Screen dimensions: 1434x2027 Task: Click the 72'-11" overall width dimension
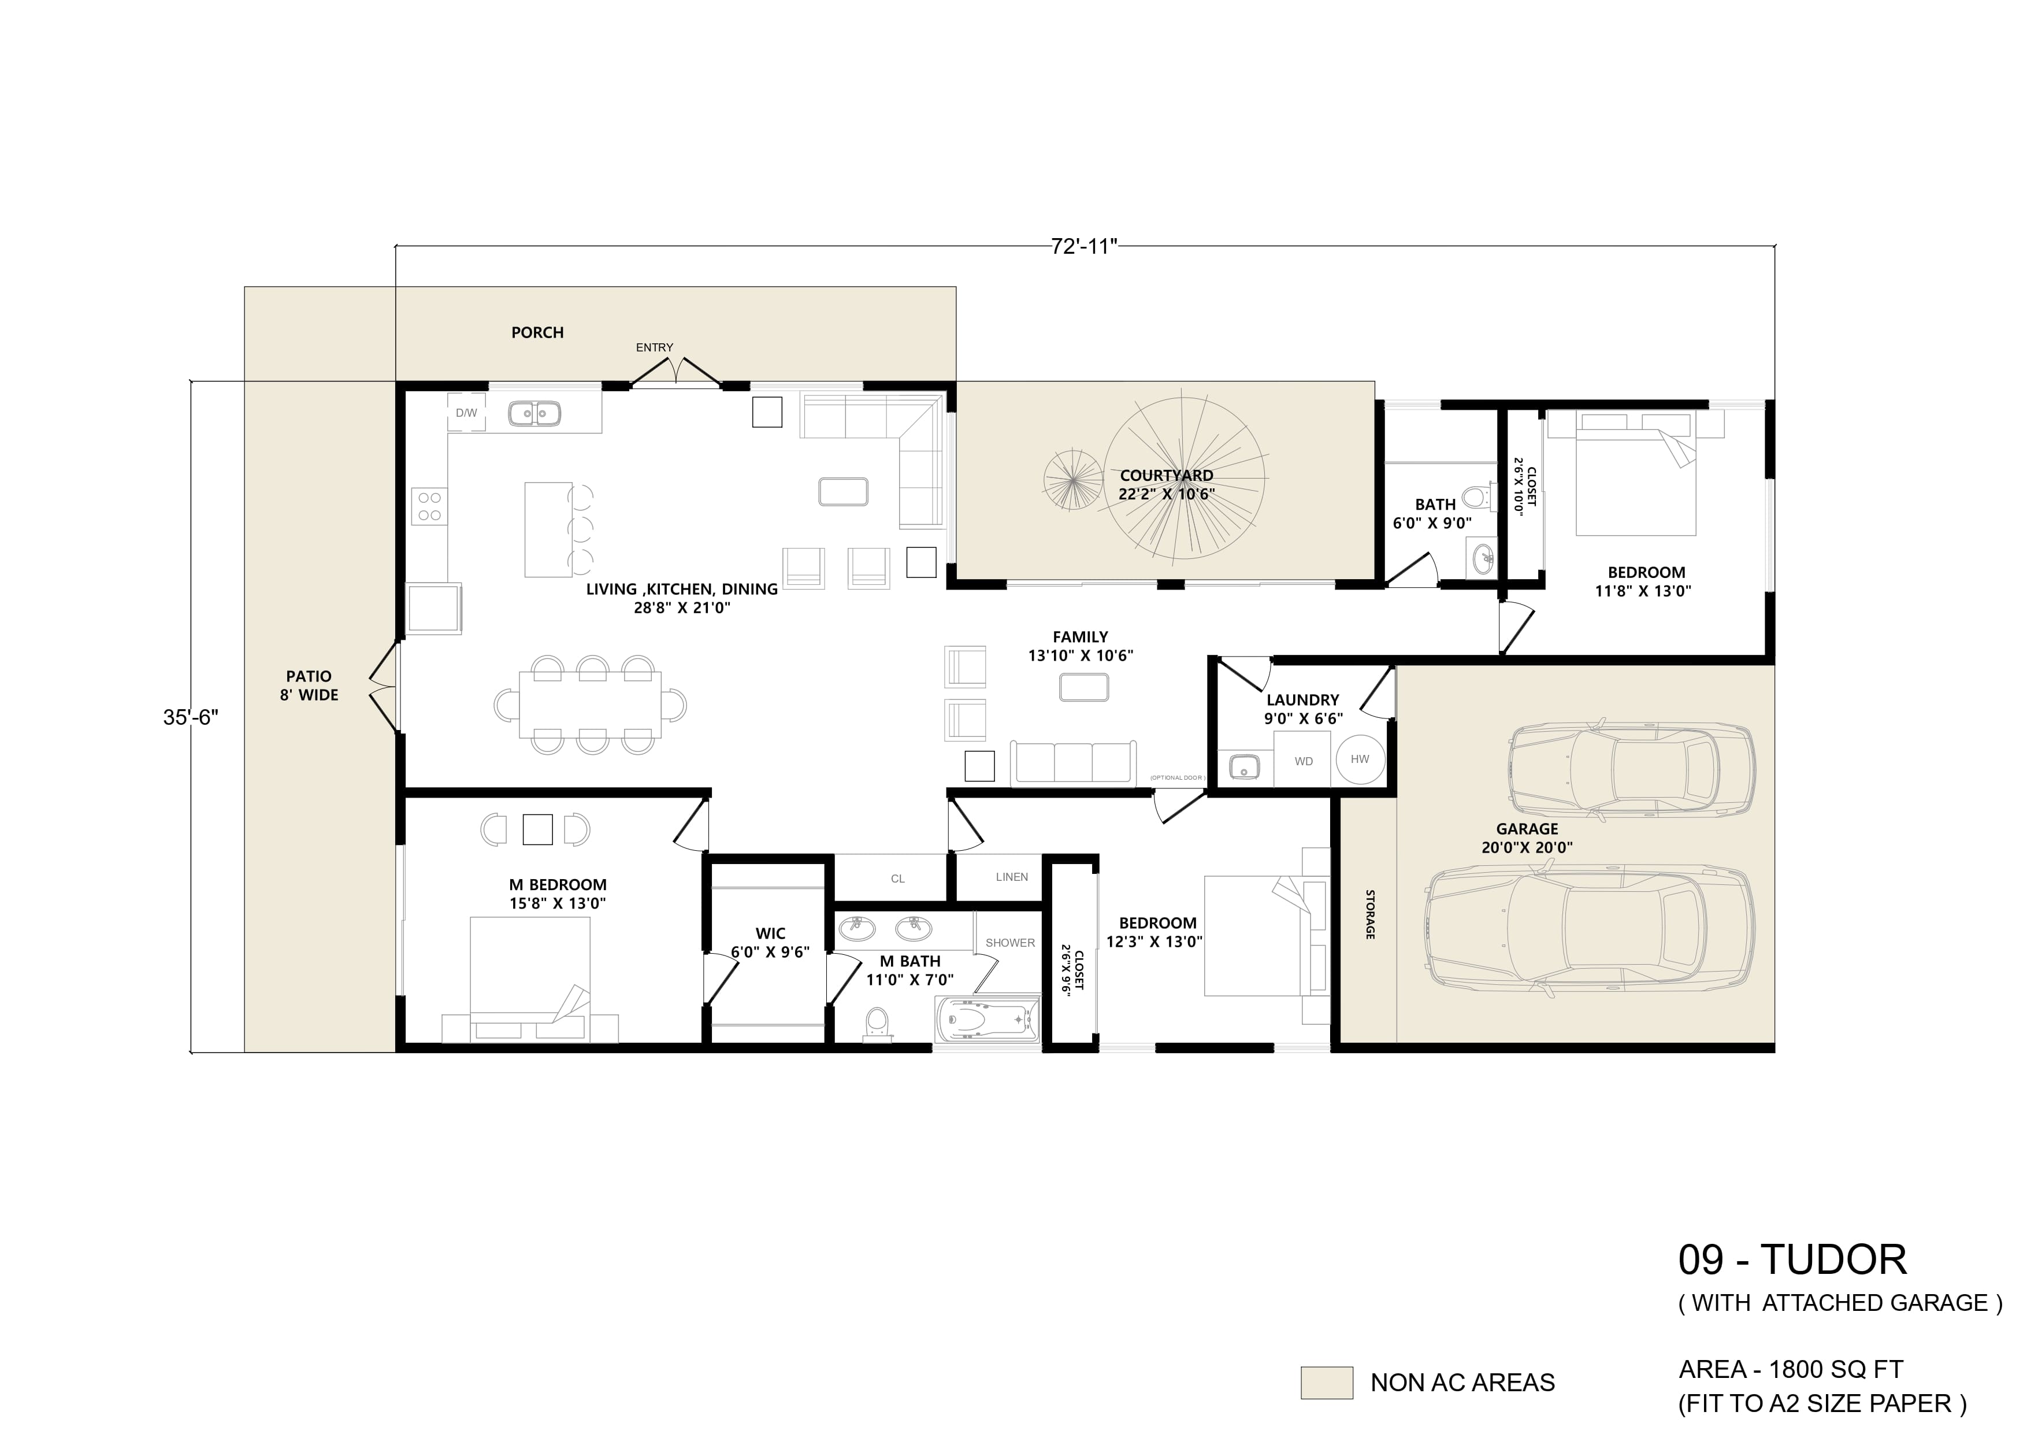pos(1084,246)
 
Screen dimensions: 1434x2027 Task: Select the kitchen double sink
pos(533,412)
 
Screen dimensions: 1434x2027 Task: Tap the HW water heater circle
pos(1360,759)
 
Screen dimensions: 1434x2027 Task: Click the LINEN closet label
pos(1012,877)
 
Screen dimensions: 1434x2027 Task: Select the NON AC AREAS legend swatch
pos(1326,1383)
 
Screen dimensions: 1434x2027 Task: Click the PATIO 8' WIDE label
pos(309,686)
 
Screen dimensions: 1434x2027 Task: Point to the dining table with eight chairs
pos(590,705)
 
